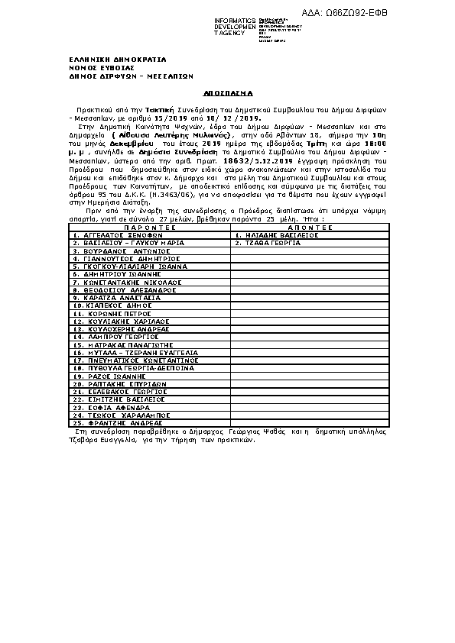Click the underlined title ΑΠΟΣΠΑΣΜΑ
(227, 91)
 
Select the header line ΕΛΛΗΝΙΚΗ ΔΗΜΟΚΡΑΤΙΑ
(117, 59)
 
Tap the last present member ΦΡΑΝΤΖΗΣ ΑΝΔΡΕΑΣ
(115, 422)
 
